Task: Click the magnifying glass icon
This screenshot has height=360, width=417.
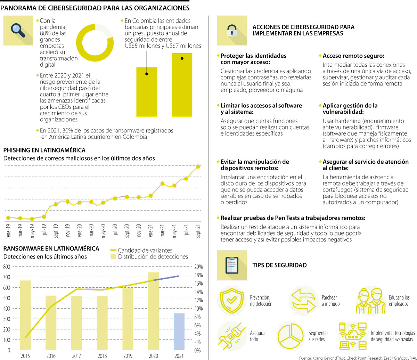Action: [x=18, y=30]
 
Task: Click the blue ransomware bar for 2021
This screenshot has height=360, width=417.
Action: [x=179, y=331]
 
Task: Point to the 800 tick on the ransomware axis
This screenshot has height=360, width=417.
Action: [x=7, y=267]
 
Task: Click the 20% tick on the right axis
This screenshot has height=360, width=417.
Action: [x=198, y=267]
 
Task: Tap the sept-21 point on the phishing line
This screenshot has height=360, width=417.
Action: [x=198, y=167]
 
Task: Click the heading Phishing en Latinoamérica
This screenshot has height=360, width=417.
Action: [x=44, y=150]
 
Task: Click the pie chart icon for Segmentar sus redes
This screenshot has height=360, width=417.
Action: [x=291, y=336]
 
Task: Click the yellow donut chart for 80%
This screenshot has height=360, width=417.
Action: [x=95, y=42]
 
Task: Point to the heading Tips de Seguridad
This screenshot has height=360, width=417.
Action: [x=279, y=265]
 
